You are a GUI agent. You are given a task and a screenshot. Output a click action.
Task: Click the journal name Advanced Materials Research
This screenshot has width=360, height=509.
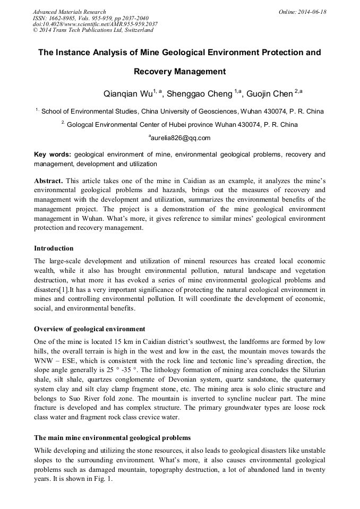[x=69, y=12]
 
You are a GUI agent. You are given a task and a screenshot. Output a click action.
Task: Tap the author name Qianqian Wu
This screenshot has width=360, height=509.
[x=127, y=94]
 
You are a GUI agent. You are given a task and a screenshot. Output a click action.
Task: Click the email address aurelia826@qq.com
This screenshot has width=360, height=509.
[x=181, y=138]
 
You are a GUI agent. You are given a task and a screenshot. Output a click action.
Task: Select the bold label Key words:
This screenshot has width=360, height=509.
[x=53, y=155]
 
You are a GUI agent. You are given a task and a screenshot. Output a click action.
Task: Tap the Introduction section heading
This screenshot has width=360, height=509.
[x=54, y=248]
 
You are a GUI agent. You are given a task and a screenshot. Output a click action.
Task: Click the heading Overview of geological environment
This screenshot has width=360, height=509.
[x=89, y=329]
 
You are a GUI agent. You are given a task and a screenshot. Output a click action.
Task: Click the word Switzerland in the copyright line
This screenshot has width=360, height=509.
[x=136, y=30]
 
